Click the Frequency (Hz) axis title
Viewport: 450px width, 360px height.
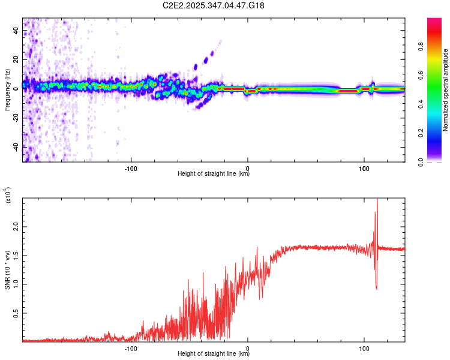coord(7,90)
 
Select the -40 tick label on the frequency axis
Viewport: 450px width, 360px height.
coord(16,146)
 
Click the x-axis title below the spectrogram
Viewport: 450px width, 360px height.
coord(214,174)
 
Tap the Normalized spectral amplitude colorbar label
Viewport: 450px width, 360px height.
coord(445,90)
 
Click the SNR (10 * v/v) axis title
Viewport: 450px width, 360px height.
coord(7,270)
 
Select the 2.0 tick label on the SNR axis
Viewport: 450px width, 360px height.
coord(16,228)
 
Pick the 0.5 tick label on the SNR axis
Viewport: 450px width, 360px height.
coord(16,313)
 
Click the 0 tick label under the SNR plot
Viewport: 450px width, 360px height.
coord(248,347)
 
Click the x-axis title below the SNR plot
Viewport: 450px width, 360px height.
coord(214,354)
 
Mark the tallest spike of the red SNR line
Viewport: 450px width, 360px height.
coord(377,200)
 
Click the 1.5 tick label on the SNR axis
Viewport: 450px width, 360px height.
coord(16,256)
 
